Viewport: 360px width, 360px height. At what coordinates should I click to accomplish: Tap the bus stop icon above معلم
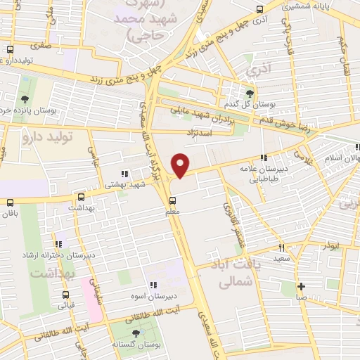(172, 200)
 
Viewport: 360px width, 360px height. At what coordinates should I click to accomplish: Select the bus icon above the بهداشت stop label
(83, 198)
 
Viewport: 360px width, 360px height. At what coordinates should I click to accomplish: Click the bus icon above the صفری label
(10, 51)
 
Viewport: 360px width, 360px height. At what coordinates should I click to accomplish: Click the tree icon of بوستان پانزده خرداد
(25, 98)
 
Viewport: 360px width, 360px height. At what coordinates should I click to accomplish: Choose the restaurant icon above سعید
(281, 247)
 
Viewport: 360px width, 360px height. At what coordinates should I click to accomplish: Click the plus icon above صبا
(301, 286)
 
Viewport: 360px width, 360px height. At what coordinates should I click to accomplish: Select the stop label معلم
(172, 212)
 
